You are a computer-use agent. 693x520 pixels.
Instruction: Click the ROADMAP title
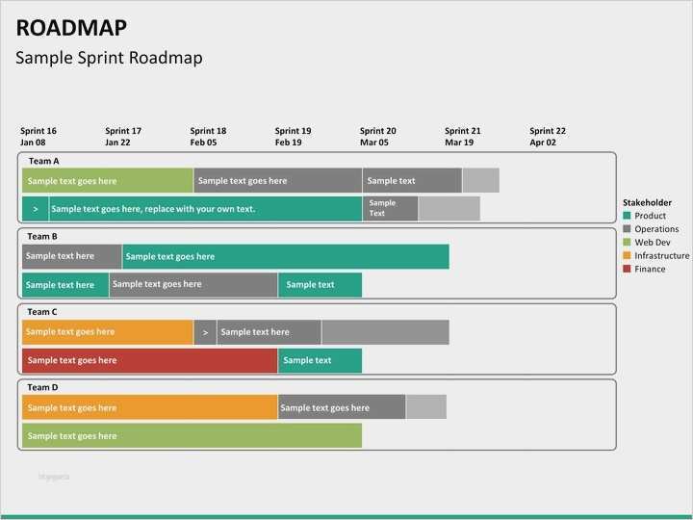(x=71, y=28)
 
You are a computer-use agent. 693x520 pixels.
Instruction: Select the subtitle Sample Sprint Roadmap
(x=109, y=58)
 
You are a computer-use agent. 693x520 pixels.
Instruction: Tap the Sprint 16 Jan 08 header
(x=38, y=137)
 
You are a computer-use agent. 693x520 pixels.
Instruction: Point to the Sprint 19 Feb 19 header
(x=293, y=137)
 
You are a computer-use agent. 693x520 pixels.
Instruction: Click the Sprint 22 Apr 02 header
(x=548, y=137)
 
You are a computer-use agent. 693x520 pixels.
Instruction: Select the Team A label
(x=43, y=161)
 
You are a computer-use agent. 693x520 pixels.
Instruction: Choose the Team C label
(x=42, y=312)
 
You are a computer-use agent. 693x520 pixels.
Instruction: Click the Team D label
(x=42, y=387)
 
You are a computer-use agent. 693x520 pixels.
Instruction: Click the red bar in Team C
(x=149, y=360)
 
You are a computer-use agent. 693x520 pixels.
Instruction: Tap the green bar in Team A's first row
(x=107, y=180)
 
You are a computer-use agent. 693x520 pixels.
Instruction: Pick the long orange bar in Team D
(x=149, y=407)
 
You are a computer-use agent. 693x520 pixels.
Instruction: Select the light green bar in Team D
(x=192, y=435)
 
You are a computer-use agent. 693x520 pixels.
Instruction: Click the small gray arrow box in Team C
(x=205, y=332)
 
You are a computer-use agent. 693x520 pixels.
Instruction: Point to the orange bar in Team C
(x=107, y=332)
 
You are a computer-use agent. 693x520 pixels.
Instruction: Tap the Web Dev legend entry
(x=651, y=243)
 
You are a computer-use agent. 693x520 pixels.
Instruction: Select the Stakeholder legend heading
(x=647, y=203)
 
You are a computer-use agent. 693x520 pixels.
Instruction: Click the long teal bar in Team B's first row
(x=285, y=256)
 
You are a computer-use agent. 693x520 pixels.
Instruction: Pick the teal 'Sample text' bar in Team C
(x=320, y=360)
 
